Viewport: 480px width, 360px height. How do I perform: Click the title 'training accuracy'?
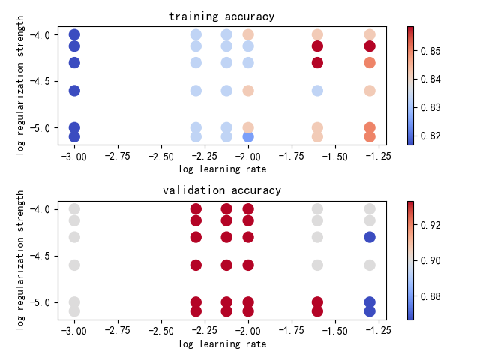(221, 16)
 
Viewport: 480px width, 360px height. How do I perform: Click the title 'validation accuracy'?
(221, 190)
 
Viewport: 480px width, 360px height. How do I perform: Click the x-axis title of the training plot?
(222, 169)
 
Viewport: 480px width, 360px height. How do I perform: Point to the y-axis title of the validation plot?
(20, 259)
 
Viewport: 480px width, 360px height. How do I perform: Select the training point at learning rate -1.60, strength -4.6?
(317, 91)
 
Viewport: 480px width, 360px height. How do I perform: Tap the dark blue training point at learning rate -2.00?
(248, 136)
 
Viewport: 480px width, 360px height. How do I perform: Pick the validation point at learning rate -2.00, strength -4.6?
(248, 265)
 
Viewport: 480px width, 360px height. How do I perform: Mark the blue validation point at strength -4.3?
(370, 237)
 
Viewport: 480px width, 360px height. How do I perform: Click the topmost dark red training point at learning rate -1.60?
(317, 46)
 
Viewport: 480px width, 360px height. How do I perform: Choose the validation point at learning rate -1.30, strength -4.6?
(370, 265)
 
